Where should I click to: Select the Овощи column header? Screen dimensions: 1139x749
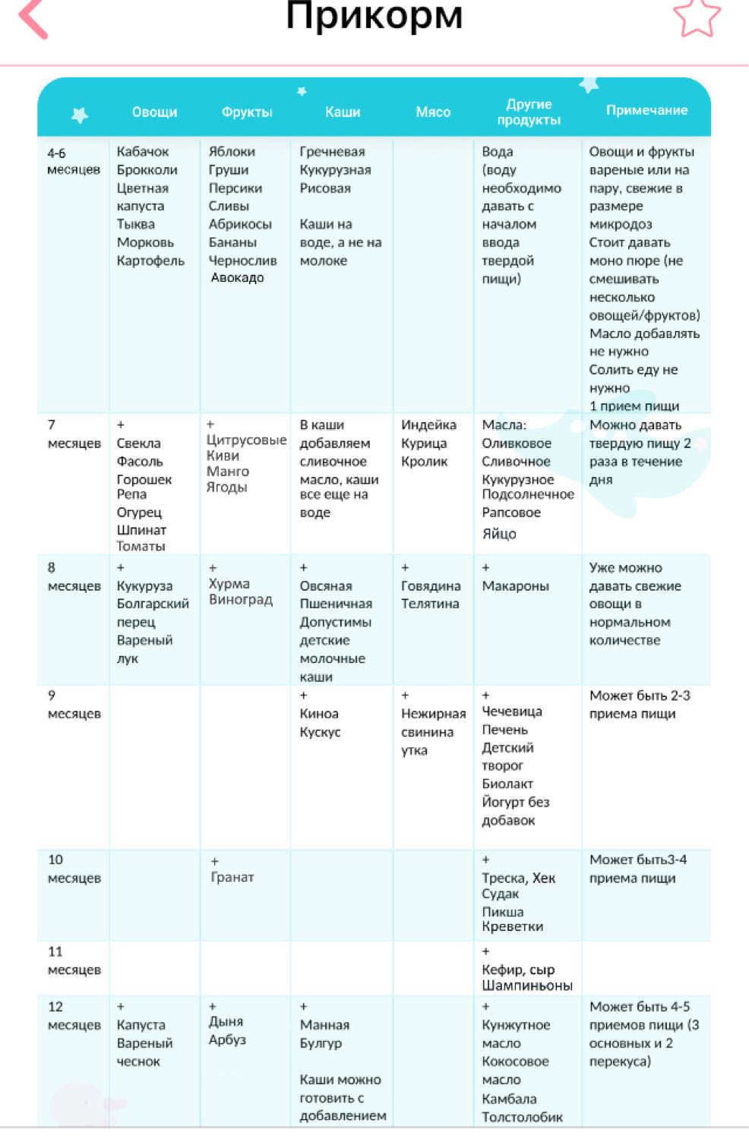point(154,112)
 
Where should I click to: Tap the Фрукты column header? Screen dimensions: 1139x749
point(246,112)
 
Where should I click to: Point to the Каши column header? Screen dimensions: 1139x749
point(343,112)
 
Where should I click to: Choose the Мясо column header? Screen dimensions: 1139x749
point(433,112)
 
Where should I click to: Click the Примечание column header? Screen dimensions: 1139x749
point(646,110)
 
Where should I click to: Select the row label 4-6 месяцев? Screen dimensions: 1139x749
point(73,160)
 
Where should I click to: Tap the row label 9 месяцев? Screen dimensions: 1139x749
point(73,704)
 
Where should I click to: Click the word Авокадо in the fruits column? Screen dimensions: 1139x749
point(237,278)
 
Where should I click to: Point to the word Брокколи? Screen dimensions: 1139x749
point(147,169)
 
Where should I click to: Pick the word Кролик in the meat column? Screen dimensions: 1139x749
point(424,461)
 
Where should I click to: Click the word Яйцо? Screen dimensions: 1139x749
point(498,534)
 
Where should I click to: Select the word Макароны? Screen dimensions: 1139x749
point(515,585)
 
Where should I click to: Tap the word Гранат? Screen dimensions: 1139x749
point(232,877)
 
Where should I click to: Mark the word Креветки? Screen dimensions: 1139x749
point(512,926)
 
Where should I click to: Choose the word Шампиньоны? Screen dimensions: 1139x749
point(526,986)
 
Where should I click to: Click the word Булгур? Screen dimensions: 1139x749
point(321,1043)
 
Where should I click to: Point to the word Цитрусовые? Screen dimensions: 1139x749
point(246,440)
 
